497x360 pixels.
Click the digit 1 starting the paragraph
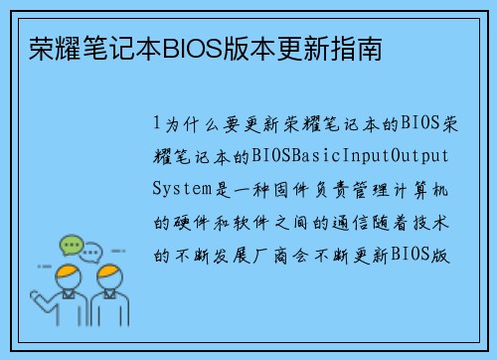tap(157, 125)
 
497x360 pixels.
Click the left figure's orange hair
tap(69, 270)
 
